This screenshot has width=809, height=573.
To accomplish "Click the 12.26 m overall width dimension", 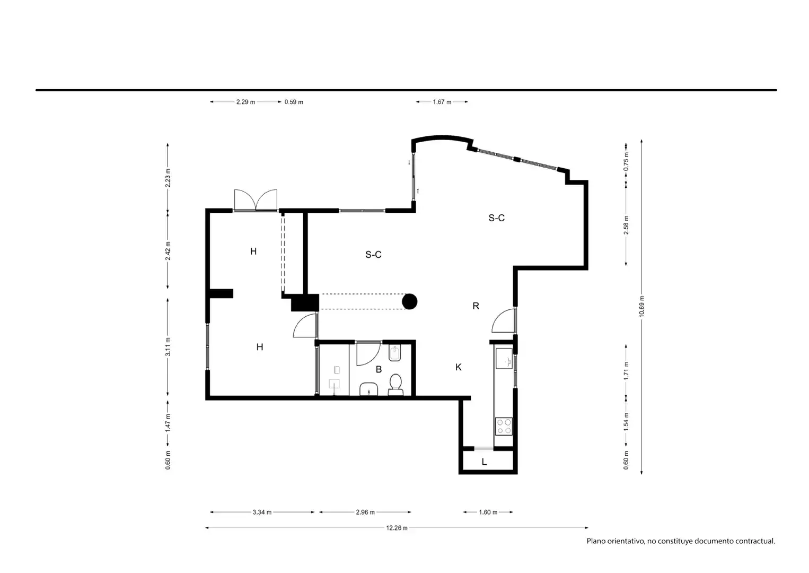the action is (x=397, y=528).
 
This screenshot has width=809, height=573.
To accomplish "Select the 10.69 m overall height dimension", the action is (x=641, y=307).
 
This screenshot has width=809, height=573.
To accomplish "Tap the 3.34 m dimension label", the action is (x=262, y=513).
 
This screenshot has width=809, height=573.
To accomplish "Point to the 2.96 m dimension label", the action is (x=365, y=513).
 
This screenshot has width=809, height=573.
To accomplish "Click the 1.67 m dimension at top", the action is (x=442, y=102).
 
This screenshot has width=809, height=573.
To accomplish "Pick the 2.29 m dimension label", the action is (x=245, y=102).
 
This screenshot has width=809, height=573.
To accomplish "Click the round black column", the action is (x=410, y=301).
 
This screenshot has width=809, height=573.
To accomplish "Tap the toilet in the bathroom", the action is (x=395, y=384).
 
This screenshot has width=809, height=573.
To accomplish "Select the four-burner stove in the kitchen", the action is (x=504, y=426).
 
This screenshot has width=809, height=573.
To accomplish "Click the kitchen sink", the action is (x=504, y=358).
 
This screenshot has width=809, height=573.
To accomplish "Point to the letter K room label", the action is (x=459, y=367).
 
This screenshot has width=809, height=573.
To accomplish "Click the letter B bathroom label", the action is (x=379, y=369).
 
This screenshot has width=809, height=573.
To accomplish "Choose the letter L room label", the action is (x=485, y=462).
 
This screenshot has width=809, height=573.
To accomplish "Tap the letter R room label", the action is (x=476, y=306).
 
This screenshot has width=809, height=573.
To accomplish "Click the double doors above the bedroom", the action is (x=256, y=200).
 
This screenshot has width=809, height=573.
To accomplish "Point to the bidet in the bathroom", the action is (x=395, y=353).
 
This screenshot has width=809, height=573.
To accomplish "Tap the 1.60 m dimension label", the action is (x=488, y=513).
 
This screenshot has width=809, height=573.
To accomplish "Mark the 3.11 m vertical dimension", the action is (x=168, y=346).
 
